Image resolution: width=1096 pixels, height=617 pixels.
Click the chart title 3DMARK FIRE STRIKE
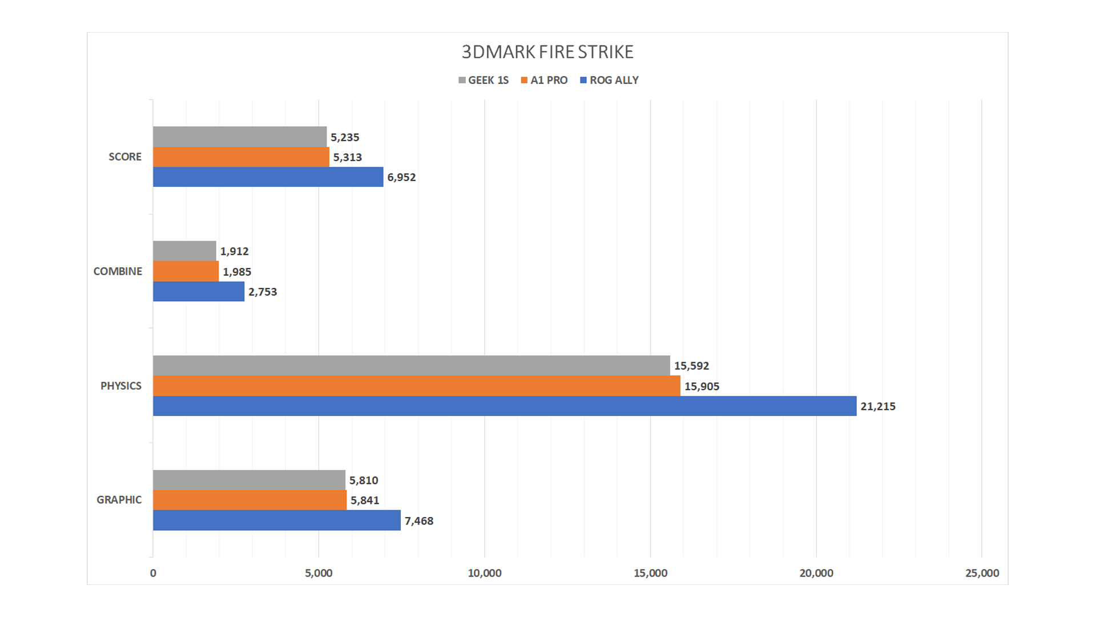(x=547, y=52)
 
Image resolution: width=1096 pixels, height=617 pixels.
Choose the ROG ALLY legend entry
(x=609, y=81)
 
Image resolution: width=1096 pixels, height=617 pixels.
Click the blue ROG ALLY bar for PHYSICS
(x=505, y=406)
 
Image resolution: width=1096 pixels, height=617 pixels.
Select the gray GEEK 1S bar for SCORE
(x=240, y=137)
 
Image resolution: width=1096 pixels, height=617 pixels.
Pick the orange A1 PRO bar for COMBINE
(x=186, y=271)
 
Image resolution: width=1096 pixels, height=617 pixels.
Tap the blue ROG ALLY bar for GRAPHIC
(x=277, y=520)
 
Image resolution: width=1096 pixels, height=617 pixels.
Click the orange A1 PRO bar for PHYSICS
(x=417, y=386)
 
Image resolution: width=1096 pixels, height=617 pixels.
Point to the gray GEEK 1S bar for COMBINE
(x=184, y=251)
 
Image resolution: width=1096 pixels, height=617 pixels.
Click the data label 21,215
(x=878, y=407)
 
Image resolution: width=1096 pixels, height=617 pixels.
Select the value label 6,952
(x=401, y=178)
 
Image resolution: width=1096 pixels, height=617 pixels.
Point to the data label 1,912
(x=234, y=251)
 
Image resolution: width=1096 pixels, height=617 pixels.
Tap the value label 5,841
(x=365, y=500)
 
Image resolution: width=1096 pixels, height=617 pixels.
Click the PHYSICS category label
(x=120, y=386)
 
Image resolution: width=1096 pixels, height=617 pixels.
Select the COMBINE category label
(x=118, y=271)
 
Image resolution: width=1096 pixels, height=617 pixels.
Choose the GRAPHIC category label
(x=119, y=500)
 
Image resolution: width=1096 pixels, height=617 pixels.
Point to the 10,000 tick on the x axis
(x=485, y=573)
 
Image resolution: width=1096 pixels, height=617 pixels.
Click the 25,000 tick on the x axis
(x=982, y=573)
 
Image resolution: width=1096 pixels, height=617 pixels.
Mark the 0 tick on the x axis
(x=153, y=573)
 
